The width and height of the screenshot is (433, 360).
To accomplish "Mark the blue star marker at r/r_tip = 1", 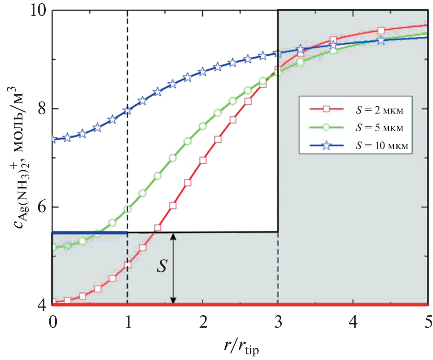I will (x=128, y=110).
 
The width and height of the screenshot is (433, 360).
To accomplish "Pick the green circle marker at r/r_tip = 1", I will (x=128, y=209).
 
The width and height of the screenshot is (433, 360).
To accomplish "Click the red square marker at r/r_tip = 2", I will (x=203, y=160).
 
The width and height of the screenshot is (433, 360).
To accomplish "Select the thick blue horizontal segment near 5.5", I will (x=90, y=233).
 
